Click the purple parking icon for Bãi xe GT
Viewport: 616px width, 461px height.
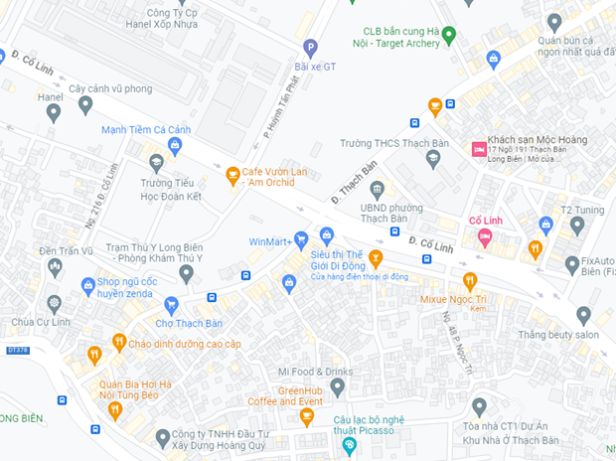pyautogui.click(x=310, y=47)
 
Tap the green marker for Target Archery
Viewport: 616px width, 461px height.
pyautogui.click(x=448, y=36)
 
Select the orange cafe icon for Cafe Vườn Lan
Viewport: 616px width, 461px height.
pyautogui.click(x=232, y=176)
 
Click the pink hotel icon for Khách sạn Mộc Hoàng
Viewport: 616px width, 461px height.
pyautogui.click(x=479, y=148)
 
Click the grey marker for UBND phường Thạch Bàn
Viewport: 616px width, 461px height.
pyautogui.click(x=377, y=189)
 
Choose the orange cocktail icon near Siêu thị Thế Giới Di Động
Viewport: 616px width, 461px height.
pyautogui.click(x=376, y=259)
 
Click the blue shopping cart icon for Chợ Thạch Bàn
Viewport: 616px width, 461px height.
pyautogui.click(x=171, y=304)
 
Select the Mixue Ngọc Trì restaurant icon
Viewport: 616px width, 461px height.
pyautogui.click(x=470, y=280)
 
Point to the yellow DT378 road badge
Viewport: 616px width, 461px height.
pyautogui.click(x=17, y=350)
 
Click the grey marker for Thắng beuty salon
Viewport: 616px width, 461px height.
pyautogui.click(x=583, y=315)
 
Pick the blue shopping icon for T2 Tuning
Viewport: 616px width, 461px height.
pyautogui.click(x=545, y=226)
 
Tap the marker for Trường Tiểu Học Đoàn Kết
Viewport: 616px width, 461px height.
pyautogui.click(x=156, y=162)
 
